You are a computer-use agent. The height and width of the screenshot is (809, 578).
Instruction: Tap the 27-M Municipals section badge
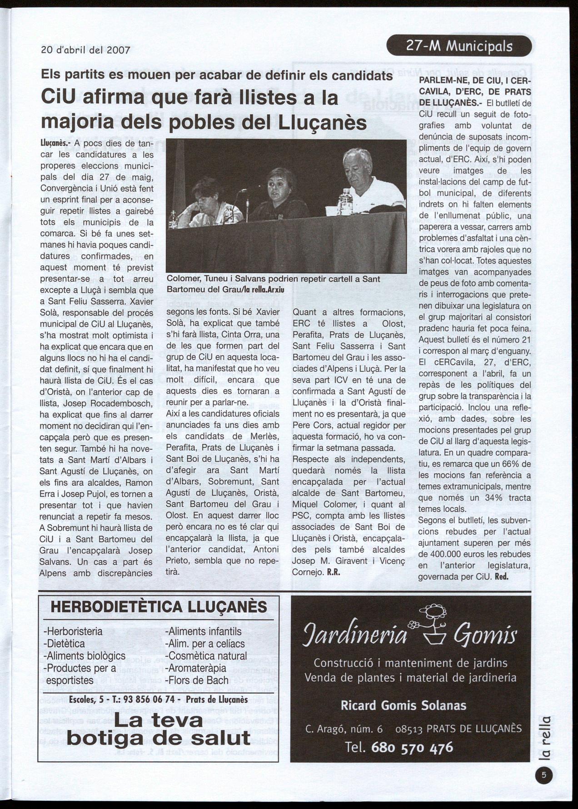(x=459, y=46)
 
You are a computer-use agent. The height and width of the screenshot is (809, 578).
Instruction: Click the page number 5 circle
(x=544, y=774)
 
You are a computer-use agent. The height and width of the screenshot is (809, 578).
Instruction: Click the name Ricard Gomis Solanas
(x=404, y=705)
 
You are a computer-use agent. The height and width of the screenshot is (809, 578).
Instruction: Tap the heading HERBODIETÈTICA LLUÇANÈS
(x=159, y=607)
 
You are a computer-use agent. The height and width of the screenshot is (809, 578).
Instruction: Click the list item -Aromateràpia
(x=196, y=668)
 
